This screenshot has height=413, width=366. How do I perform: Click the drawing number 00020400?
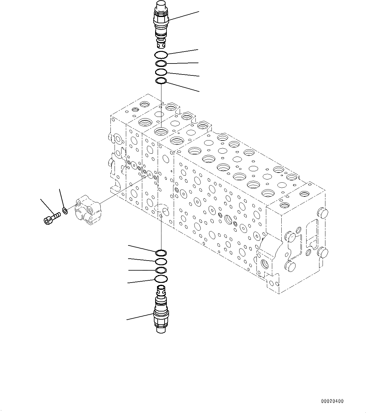pos(332,401)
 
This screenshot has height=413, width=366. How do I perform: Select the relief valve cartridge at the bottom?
pos(161,310)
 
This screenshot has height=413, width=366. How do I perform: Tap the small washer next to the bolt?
pos(65,211)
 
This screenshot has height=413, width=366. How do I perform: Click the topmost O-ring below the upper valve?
pos(161,55)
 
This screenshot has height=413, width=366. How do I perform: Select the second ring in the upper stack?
pos(161,64)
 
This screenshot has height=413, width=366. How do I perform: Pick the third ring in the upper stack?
pos(161,72)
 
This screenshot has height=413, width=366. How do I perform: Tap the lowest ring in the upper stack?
pos(161,81)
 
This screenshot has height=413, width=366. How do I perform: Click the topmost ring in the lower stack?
pos(161,253)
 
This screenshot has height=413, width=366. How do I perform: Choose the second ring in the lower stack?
pos(161,261)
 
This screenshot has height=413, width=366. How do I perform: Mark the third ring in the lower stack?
pos(161,270)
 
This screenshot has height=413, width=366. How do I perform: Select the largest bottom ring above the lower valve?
pos(161,278)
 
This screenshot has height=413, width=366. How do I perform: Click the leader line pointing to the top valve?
pos(184,16)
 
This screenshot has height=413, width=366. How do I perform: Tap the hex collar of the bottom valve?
pos(161,313)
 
